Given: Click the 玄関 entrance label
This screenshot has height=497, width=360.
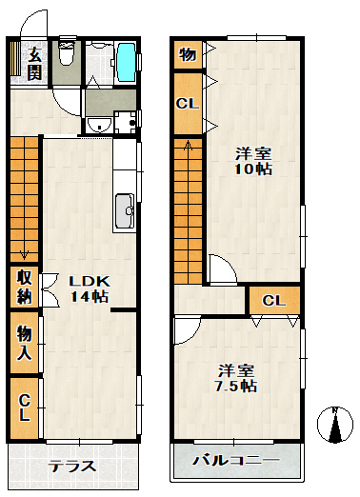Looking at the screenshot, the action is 34,65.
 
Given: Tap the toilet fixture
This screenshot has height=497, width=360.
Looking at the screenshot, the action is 67,52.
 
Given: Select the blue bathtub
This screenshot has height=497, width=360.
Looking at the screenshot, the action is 127,62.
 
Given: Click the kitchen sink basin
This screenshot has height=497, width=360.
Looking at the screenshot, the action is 124,210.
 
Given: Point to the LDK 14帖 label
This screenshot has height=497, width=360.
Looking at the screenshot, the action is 90,288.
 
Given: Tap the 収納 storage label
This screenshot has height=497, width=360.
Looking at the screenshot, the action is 25,287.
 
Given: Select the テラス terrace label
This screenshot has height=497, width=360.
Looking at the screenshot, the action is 71,467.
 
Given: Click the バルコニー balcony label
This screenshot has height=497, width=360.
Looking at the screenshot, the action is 236,460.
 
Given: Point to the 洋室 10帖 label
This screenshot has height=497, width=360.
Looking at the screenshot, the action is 253,161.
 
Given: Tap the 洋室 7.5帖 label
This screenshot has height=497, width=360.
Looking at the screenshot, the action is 236,378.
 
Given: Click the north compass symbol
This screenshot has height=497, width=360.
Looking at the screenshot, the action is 335,425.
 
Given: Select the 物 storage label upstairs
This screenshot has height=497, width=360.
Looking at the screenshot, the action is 188,54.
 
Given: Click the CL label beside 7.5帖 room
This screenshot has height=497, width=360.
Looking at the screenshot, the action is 274,301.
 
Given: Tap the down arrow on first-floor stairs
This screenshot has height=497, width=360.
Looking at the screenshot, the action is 24,254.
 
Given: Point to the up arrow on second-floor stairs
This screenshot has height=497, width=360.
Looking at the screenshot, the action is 188,145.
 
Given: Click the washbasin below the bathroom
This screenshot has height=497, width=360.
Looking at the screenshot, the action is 99,125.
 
